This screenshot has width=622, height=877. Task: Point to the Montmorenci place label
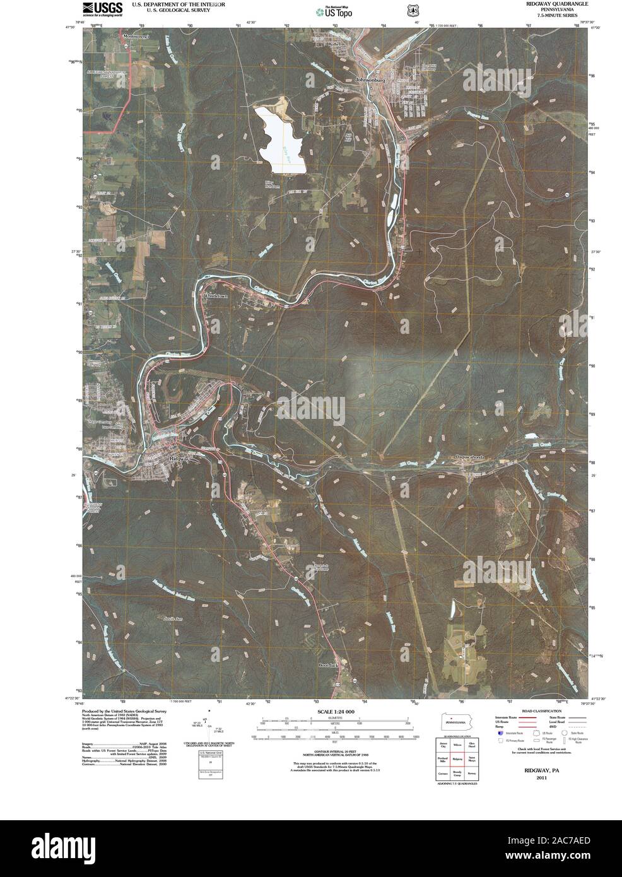point(138,36)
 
